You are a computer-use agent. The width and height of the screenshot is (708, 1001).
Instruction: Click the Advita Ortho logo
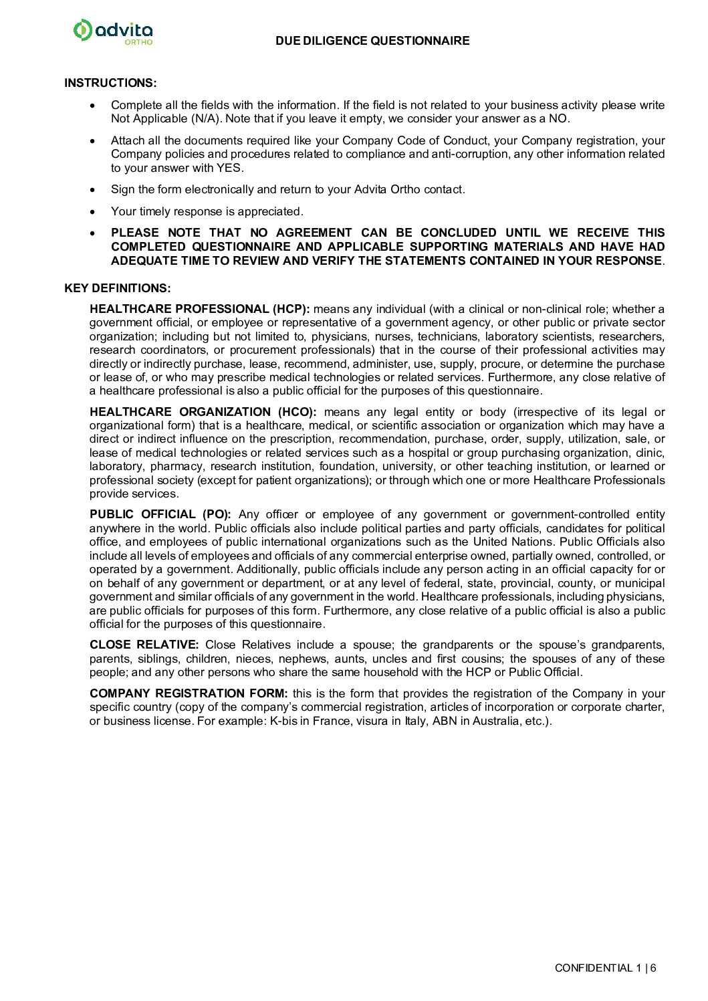113,31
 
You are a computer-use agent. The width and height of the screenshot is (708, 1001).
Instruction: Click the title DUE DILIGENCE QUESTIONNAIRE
372,41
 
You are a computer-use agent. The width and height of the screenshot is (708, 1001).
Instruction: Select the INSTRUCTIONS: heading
110,83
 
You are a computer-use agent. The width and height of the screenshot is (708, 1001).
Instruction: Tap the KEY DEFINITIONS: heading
118,288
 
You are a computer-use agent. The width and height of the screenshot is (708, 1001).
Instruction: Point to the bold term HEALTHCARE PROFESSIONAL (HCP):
199,309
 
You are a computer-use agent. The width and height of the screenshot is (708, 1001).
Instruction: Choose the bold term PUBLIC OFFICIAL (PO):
160,514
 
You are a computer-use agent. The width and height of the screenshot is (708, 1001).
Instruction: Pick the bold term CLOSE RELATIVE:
144,645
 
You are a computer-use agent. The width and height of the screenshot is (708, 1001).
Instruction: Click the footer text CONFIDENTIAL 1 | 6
605,968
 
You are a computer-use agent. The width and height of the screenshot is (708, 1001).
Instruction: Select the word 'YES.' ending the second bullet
230,168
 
